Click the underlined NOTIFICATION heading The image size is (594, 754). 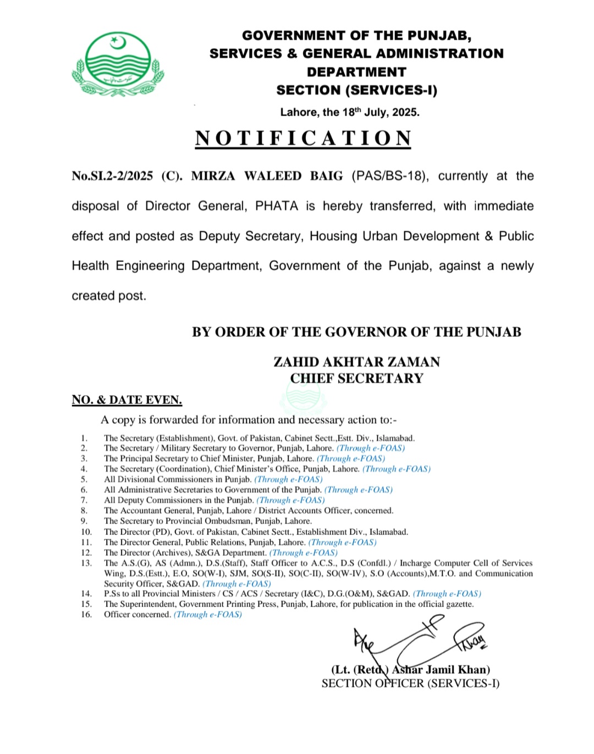click(x=303, y=138)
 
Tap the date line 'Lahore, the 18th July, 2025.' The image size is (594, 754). click(x=350, y=112)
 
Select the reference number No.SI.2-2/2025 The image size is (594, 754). click(x=112, y=176)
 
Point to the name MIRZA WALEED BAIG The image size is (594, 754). click(x=267, y=176)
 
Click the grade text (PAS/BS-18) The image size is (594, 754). click(x=389, y=176)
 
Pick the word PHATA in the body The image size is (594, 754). click(x=277, y=206)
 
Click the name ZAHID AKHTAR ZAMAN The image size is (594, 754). click(x=356, y=362)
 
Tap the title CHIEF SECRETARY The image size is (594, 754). click(x=356, y=378)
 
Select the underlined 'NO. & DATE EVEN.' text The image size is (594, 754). click(x=127, y=400)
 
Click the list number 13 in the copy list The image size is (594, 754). click(x=86, y=563)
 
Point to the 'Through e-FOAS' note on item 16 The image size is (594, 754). click(x=208, y=614)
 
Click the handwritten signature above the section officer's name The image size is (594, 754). click(x=418, y=641)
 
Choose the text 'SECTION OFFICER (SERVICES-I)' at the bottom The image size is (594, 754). click(x=410, y=684)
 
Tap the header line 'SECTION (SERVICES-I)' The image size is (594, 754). click(x=356, y=90)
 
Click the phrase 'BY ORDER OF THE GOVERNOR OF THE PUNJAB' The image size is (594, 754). click(x=356, y=332)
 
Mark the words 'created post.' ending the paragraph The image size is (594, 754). click(x=109, y=296)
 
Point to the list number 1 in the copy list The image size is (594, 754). click(x=84, y=438)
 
